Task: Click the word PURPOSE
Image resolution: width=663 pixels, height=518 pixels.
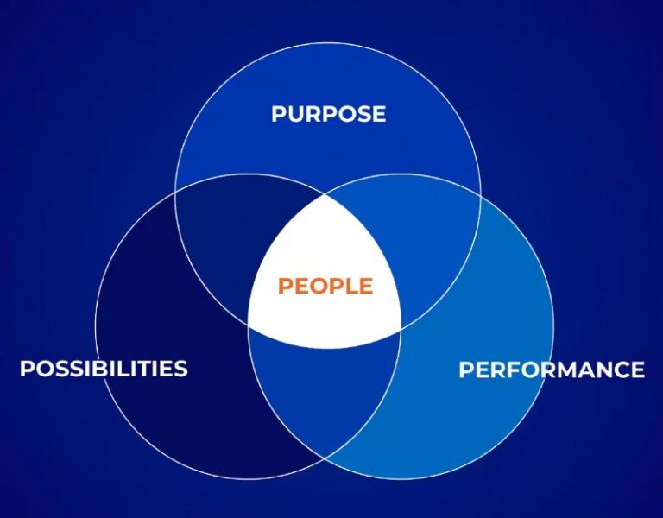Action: tap(328, 114)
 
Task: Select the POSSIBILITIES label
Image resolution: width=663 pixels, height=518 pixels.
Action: tap(104, 369)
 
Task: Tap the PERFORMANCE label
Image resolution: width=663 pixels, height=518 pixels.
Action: tap(551, 370)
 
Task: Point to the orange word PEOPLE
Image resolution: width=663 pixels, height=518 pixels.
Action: tap(325, 287)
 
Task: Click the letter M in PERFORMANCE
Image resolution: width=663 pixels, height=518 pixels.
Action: tap(568, 370)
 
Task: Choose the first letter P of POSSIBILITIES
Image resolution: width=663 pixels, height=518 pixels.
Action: tap(27, 369)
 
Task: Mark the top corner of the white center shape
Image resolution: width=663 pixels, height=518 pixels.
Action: tap(325, 194)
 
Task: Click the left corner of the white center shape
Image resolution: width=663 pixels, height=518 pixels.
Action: tap(249, 325)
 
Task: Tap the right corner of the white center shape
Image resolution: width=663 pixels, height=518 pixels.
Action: tap(401, 328)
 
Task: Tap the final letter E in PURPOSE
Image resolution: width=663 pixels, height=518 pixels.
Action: tap(378, 114)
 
